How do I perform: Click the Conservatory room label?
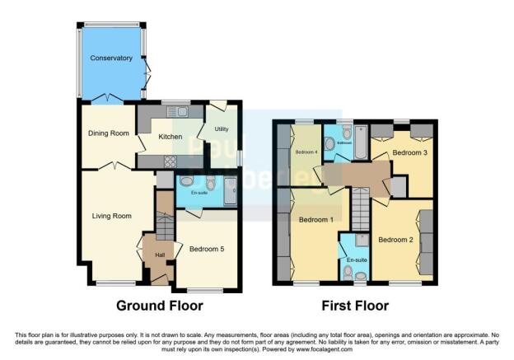point(111,58)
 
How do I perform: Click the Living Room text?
point(111,216)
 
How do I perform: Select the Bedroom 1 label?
point(315,220)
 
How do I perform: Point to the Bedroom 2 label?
point(395,240)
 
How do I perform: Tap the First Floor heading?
point(356,306)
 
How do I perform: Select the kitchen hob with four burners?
point(172,161)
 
